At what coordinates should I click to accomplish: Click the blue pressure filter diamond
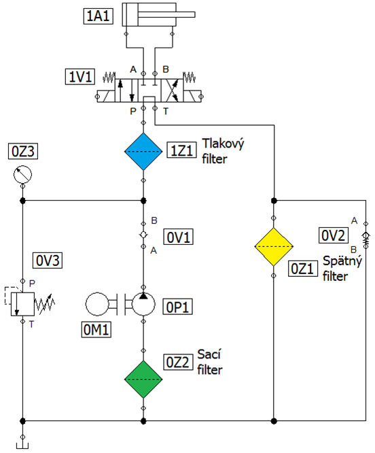point(143,152)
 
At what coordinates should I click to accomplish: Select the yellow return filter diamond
point(274,247)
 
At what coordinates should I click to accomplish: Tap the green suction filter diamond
point(143,380)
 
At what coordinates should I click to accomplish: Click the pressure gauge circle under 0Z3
point(23,174)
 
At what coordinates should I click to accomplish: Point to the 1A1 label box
point(98,16)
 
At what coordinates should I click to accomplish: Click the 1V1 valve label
point(80,77)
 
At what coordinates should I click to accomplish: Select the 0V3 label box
point(48,261)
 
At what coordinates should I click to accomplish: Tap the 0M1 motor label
point(96,330)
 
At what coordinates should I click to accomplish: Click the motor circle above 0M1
point(97,304)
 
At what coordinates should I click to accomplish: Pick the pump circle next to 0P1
point(143,304)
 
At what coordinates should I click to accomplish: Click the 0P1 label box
point(177,307)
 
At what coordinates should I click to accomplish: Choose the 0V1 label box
point(178,237)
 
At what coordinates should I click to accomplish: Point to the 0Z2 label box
point(178,363)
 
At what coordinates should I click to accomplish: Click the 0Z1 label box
point(303,269)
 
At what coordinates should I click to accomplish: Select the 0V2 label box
point(334,235)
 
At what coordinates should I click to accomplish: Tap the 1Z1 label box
point(182,150)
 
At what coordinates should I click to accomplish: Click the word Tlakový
point(223,144)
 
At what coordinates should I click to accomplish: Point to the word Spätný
point(342,261)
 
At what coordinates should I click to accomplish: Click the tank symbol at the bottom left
point(22,446)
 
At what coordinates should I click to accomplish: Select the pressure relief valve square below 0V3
point(23,304)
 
